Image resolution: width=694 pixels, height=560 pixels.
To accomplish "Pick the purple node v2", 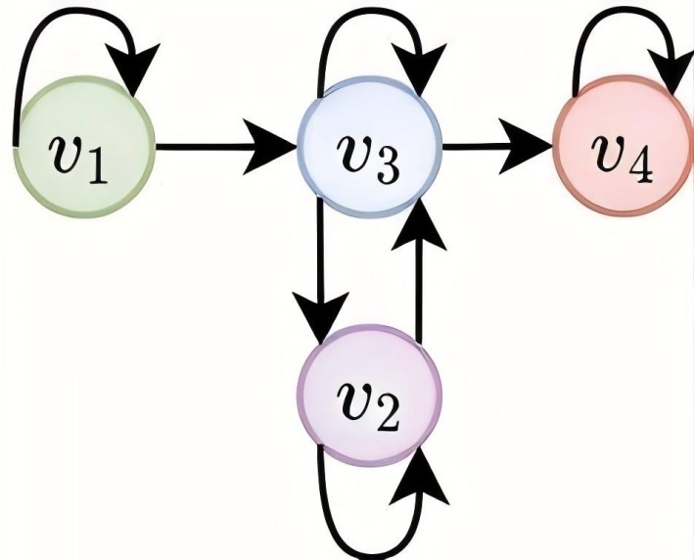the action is click(370, 396).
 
